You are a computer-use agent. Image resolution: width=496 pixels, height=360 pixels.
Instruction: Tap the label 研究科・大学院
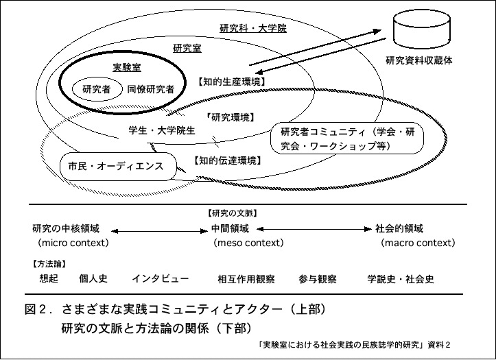tap(243, 29)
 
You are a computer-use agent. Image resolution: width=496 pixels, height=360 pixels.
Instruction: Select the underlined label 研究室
tap(187, 49)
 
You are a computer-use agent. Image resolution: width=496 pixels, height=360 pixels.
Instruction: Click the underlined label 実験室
tap(126, 67)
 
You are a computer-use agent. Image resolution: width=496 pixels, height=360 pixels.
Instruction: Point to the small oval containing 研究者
tap(96, 88)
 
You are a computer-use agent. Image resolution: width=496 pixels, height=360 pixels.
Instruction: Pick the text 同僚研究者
tap(151, 88)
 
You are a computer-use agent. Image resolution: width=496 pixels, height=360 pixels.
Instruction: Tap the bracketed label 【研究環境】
tap(229, 117)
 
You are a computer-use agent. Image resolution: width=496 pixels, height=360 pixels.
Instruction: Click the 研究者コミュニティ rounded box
tap(348, 139)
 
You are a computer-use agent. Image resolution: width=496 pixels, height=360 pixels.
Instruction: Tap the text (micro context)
tap(74, 243)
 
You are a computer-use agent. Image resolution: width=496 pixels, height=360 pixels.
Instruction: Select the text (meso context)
tap(249, 243)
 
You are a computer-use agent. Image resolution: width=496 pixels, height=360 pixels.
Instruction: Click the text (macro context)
tap(418, 243)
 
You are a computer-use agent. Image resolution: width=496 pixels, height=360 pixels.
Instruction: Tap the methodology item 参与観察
tap(317, 279)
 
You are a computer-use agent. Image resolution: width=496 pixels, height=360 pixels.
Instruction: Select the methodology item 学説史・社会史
tap(401, 279)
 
